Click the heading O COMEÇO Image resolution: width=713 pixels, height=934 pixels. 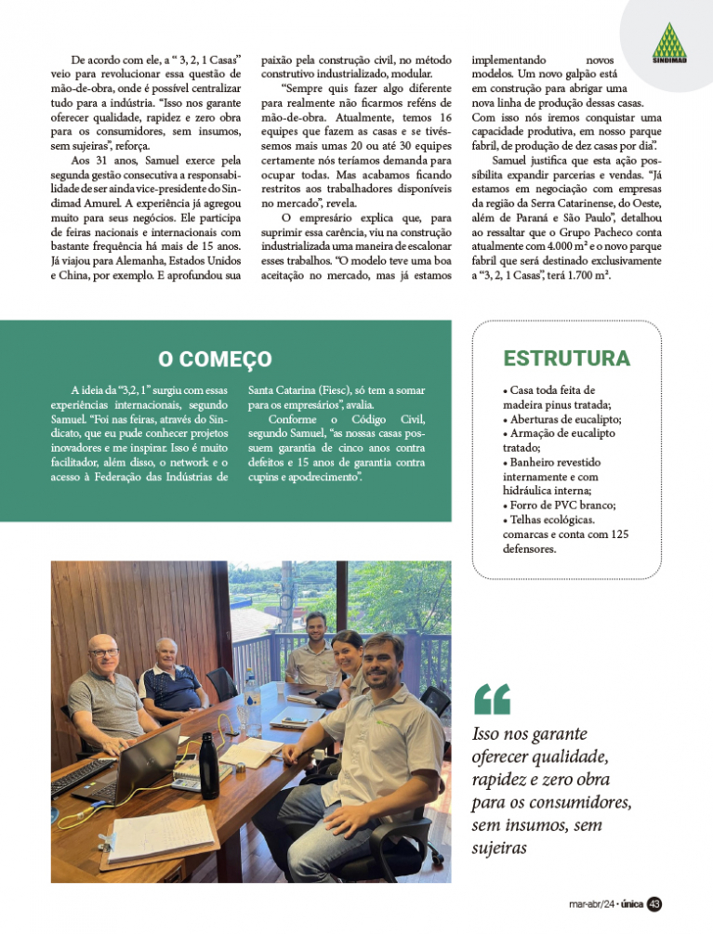click(215, 359)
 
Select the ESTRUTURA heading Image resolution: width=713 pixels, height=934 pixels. click(566, 358)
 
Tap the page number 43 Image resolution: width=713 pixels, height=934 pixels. click(654, 904)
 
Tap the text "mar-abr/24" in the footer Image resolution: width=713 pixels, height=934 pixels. click(593, 904)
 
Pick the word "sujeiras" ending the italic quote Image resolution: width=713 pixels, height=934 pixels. click(500, 847)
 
